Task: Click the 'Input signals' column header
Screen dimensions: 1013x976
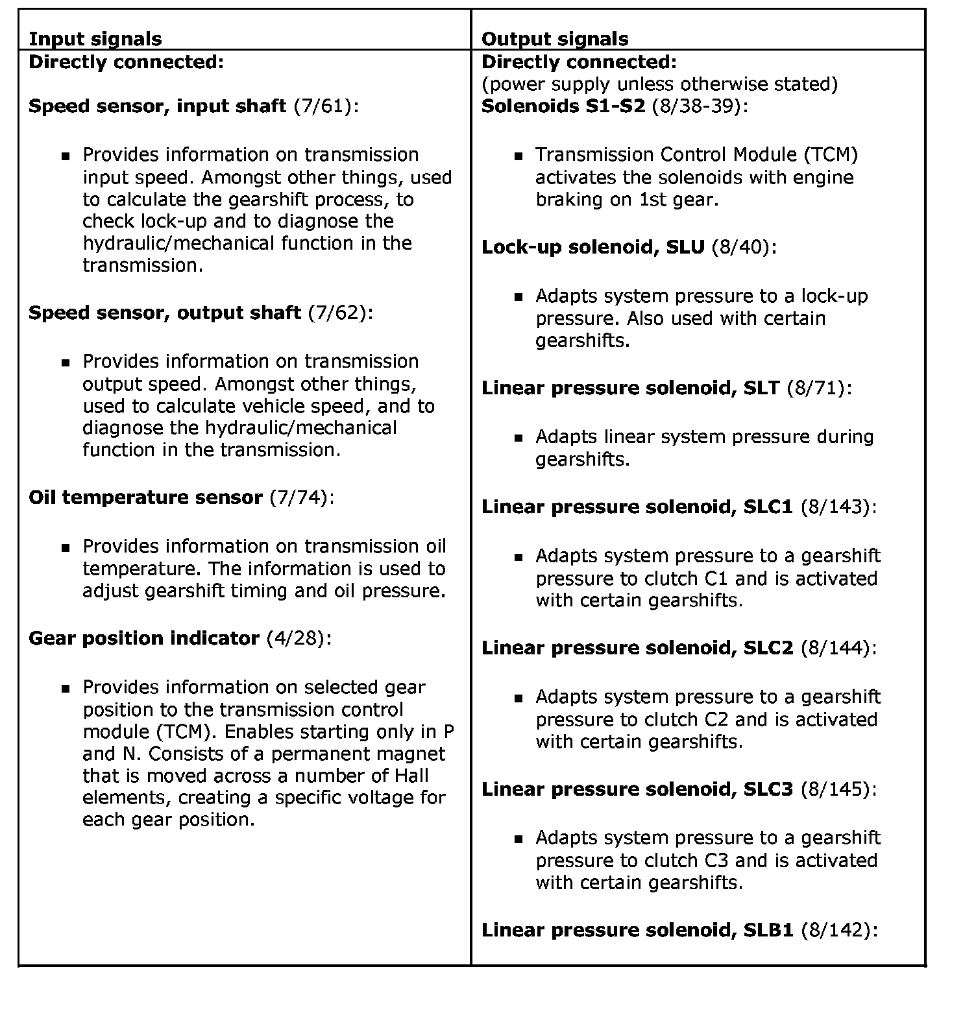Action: pos(95,39)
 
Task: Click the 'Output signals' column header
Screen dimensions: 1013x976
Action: pos(555,39)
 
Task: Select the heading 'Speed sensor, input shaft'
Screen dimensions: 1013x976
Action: pos(157,106)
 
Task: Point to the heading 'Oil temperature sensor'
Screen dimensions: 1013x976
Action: pos(145,497)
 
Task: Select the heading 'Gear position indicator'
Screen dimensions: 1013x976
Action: pos(144,638)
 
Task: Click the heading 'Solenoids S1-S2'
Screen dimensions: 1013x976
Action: pos(563,106)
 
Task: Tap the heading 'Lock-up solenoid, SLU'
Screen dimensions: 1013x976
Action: pos(593,247)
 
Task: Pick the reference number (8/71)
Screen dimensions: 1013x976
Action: pos(816,388)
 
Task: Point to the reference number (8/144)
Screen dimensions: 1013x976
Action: pos(835,648)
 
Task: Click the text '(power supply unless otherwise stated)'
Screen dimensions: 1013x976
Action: pos(660,84)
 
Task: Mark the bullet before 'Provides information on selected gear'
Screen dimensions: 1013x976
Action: pos(65,687)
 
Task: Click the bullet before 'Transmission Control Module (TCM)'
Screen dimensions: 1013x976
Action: pos(518,156)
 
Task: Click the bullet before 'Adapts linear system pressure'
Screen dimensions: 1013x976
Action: pos(518,438)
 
